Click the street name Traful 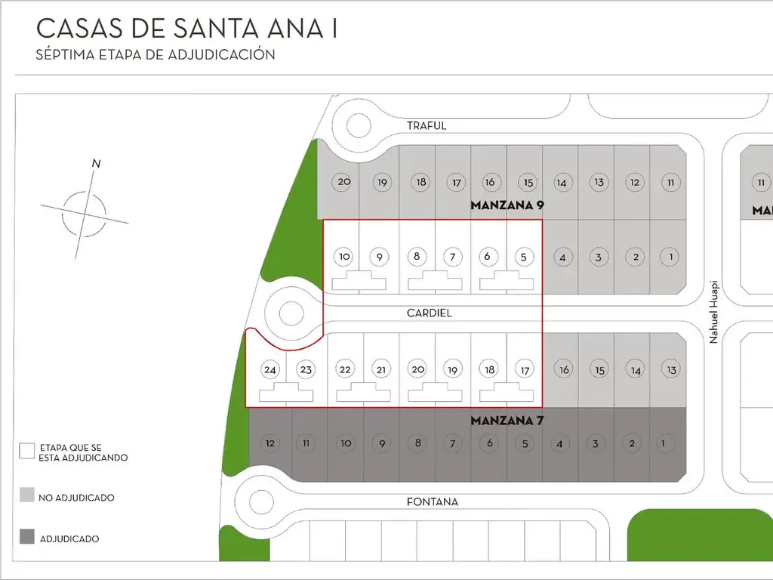click(x=427, y=125)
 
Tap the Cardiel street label click(x=429, y=312)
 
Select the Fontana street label click(x=432, y=501)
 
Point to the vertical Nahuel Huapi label click(x=713, y=313)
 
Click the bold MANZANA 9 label click(x=507, y=205)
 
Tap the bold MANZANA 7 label click(x=507, y=420)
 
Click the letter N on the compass click(x=96, y=163)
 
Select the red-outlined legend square click(x=26, y=451)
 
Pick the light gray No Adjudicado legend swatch click(x=26, y=495)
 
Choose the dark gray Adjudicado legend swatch click(x=26, y=537)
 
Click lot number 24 click(x=269, y=369)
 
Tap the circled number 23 click(x=305, y=369)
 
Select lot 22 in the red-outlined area click(x=345, y=369)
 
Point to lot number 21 click(x=381, y=369)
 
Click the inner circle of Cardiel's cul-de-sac click(x=291, y=313)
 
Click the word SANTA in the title click(x=205, y=29)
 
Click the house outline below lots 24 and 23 click(x=286, y=393)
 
